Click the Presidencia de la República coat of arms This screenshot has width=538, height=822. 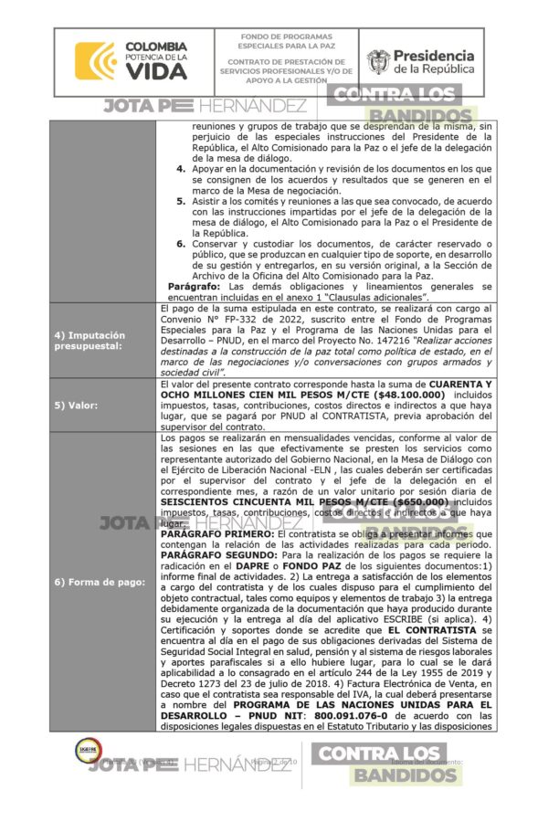[x=377, y=62]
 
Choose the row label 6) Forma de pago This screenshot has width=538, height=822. [x=99, y=582]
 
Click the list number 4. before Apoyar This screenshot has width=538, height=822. [x=182, y=169]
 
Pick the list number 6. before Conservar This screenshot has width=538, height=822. [x=182, y=243]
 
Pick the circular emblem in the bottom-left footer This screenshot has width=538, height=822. [x=87, y=751]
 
